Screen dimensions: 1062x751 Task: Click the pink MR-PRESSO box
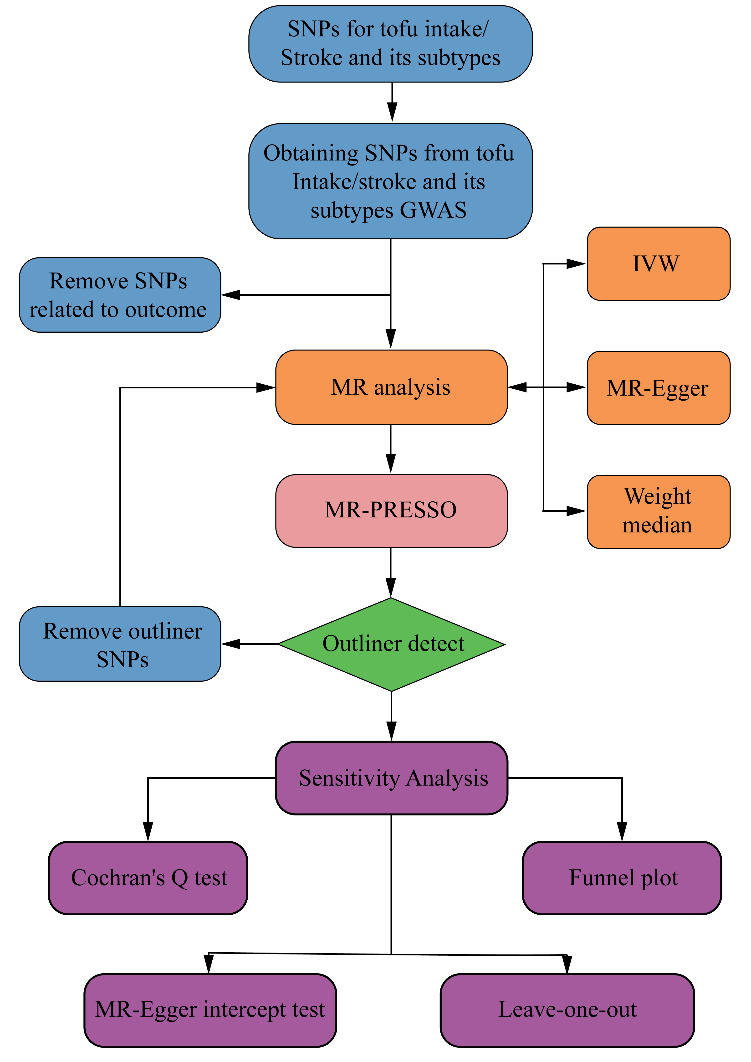pos(391,511)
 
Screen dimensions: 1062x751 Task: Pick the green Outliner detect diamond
pos(391,644)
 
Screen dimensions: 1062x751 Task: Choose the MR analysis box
pos(391,387)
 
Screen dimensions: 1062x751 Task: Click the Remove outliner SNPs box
pos(120,644)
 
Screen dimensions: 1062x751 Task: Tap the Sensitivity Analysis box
pos(391,778)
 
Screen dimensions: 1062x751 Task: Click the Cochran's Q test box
pos(148,877)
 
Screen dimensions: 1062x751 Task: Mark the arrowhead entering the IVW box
pos(576,264)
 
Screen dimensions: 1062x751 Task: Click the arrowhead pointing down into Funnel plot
pos(622,831)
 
